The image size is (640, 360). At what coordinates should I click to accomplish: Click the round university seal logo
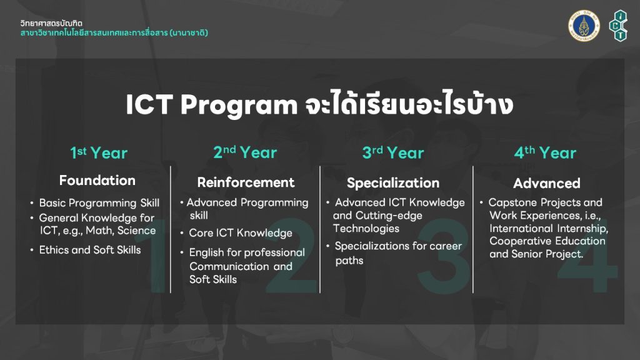584,26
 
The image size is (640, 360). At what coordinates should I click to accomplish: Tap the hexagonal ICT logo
619,26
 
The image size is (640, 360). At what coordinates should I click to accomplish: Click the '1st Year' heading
99,153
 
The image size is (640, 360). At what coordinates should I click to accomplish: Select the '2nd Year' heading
245,152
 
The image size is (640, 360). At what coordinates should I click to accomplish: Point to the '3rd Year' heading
393,152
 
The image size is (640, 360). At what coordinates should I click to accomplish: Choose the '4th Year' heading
545,152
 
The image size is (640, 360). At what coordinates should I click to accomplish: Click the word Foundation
97,181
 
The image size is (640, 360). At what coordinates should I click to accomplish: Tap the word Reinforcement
246,182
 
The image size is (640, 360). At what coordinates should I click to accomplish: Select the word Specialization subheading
393,183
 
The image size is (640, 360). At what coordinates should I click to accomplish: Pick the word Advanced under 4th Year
546,183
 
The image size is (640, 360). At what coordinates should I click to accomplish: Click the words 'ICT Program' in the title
211,105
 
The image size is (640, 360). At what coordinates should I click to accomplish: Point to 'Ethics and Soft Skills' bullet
90,250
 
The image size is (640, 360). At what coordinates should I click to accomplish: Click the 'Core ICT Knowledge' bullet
241,233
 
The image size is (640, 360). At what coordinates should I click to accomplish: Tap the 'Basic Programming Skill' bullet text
99,203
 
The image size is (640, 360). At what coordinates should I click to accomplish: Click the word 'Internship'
583,229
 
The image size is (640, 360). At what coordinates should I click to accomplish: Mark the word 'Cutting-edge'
389,216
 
